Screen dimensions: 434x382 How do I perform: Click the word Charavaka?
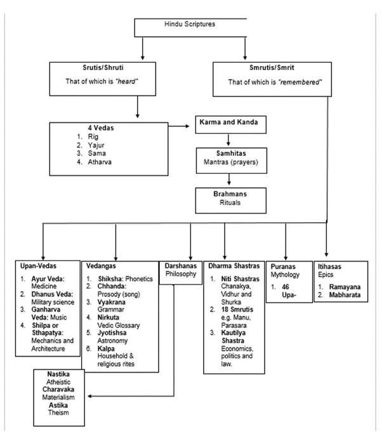[61, 388]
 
